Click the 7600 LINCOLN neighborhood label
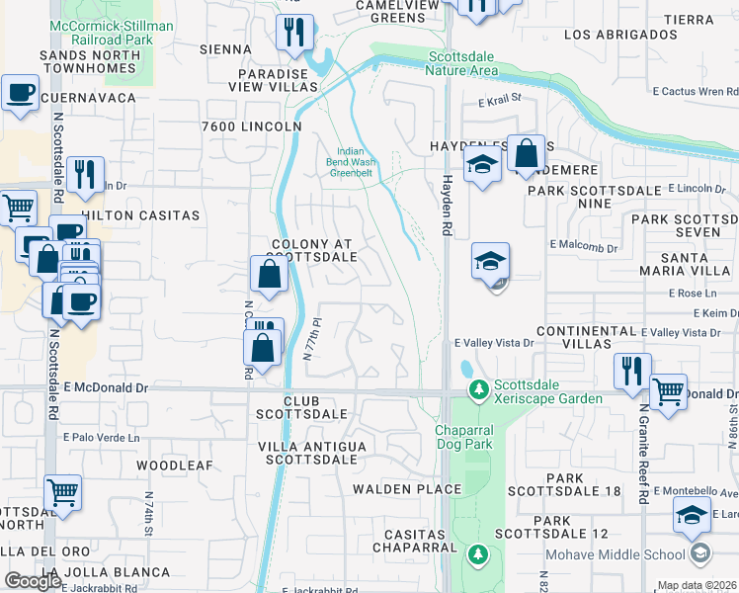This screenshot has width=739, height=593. click(x=251, y=127)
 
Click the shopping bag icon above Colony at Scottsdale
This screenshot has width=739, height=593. click(x=269, y=276)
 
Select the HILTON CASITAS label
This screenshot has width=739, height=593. click(x=141, y=214)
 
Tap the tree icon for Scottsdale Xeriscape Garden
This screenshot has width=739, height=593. click(x=479, y=390)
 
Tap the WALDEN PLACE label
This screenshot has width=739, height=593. click(x=407, y=489)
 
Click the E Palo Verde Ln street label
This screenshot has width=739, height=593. click(x=102, y=437)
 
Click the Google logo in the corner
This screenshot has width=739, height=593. click(x=33, y=581)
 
